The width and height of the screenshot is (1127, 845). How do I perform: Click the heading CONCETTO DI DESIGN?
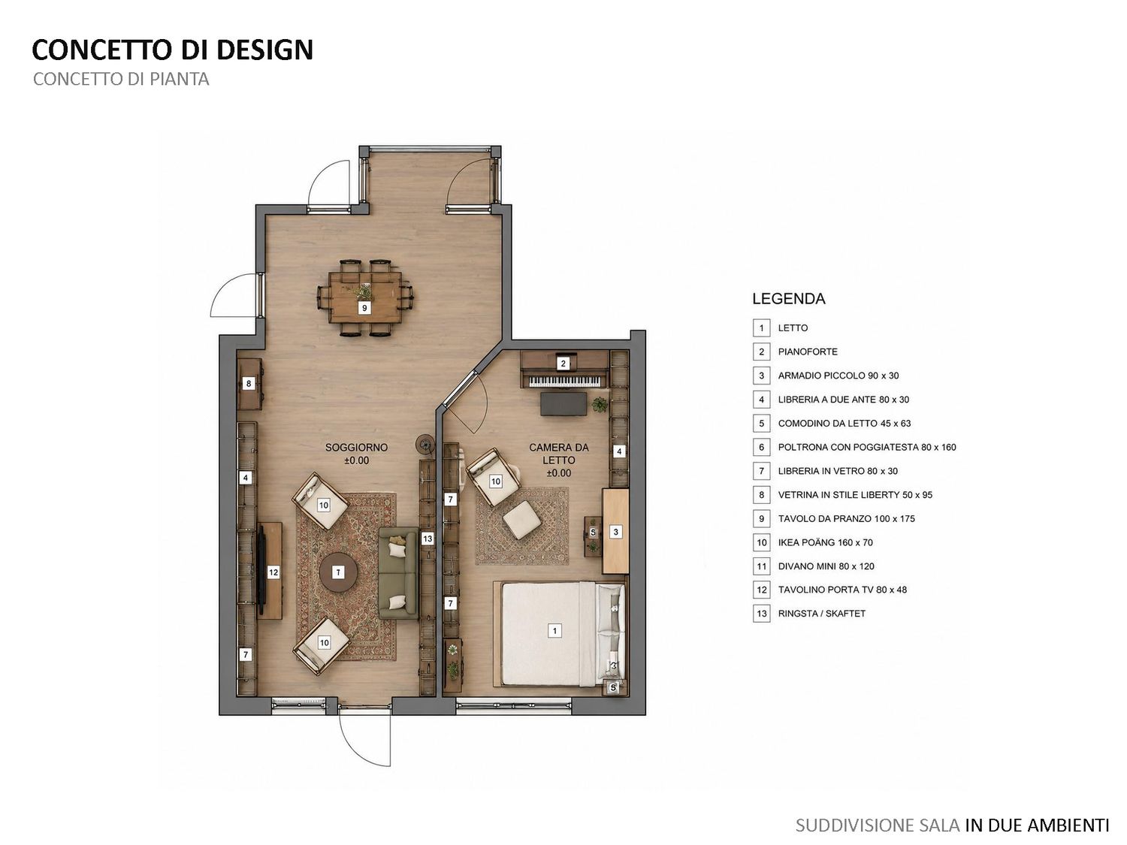(x=173, y=50)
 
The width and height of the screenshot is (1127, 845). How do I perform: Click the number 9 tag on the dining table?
(x=364, y=308)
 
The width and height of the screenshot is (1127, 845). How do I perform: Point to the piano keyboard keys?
(x=564, y=382)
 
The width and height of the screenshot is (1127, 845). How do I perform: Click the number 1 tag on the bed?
(x=554, y=630)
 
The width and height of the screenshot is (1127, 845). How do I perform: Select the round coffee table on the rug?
(x=338, y=572)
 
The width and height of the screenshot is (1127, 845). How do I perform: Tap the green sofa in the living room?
(x=398, y=572)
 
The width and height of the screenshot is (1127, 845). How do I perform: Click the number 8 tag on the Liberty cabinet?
(x=249, y=383)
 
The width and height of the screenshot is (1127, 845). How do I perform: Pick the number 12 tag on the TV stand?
(x=273, y=572)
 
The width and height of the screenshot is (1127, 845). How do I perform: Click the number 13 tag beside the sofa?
(x=428, y=539)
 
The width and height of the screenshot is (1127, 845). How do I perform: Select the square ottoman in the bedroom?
(x=521, y=520)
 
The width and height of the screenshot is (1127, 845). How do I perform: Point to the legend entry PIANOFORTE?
(x=808, y=352)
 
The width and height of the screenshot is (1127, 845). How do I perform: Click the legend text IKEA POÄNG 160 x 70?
(x=826, y=542)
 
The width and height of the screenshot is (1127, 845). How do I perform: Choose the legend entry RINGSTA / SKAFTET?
(x=822, y=614)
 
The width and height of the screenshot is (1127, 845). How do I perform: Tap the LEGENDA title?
(x=789, y=299)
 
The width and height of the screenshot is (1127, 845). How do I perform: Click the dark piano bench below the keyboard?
(x=563, y=403)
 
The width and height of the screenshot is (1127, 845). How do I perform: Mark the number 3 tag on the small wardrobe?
(x=616, y=532)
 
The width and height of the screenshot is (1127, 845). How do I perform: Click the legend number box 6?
(x=761, y=448)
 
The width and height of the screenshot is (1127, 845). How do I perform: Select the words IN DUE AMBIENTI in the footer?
(x=1037, y=825)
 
